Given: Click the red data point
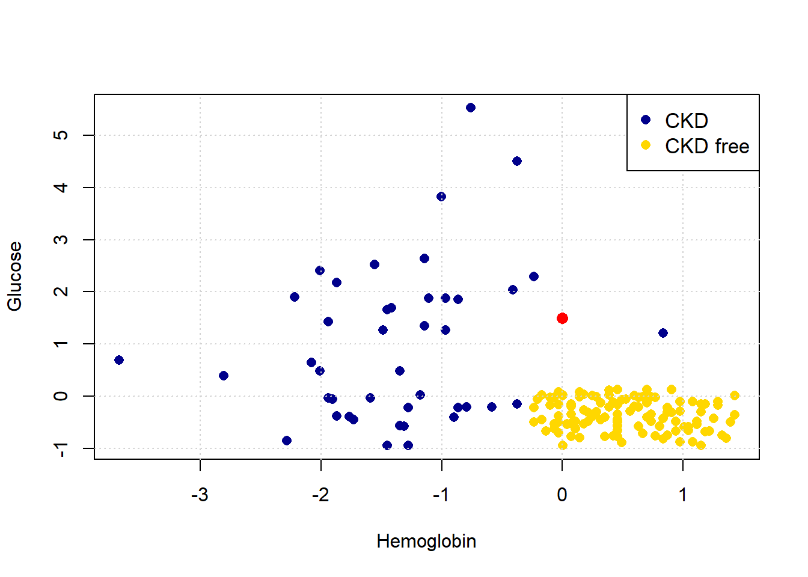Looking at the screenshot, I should pos(562,318).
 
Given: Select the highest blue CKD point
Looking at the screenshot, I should pos(471,108).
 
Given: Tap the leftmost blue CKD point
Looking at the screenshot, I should pos(119,360).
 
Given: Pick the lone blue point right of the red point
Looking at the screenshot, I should pos(663,333).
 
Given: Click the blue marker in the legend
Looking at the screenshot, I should pos(646,120).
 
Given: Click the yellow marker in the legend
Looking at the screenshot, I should pos(646,145).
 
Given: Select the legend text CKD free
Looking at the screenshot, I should pos(707,146).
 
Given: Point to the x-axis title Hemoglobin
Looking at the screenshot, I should pos(426,542).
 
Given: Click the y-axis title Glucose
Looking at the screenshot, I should pos(14,276).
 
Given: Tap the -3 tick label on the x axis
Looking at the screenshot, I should pos(200,495).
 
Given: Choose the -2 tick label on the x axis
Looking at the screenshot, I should pos(320,495).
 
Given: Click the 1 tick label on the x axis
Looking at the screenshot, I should pos(683,495).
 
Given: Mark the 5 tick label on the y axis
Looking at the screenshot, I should pos(61,135).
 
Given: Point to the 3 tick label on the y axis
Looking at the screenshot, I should pos(61,240).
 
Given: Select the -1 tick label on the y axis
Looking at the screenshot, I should pos(61,448).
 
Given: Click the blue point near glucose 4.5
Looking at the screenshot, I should pos(517,161).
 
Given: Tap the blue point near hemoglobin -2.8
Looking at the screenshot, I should pos(224,376).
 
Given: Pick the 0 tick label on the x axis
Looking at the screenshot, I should pos(562,495).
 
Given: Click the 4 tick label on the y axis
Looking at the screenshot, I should pos(61,188).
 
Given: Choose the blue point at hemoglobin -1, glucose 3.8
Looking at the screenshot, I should pos(441,197).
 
